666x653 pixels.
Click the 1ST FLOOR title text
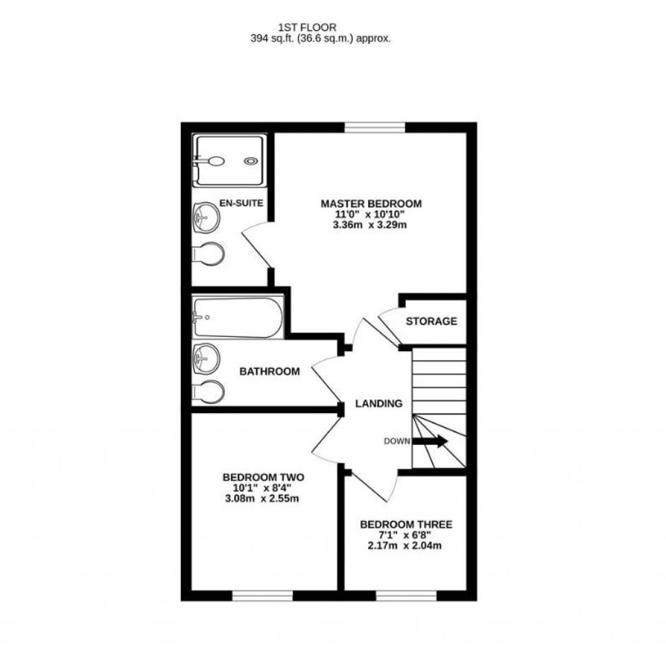307,27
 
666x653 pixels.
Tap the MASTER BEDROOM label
371,204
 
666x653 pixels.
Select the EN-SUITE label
241,204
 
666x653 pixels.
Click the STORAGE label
431,321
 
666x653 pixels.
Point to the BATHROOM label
270,372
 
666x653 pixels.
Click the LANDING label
379,404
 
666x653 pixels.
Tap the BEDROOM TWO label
263,477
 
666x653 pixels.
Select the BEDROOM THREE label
406,524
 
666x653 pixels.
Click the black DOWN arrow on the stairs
431,441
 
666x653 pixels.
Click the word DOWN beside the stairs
397,441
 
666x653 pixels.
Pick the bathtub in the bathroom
237,318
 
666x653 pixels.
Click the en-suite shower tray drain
250,161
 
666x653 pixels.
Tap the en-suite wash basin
206,217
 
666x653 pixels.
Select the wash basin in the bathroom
206,357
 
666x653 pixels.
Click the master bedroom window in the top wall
375,127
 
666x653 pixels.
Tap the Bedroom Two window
263,594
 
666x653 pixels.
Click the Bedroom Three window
406,594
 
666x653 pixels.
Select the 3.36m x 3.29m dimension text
371,225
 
